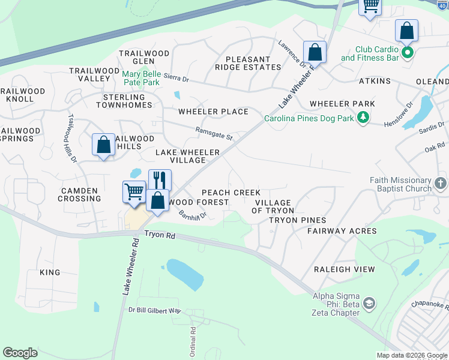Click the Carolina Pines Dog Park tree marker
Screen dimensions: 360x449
point(363,118)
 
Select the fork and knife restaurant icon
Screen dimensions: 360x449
point(160,179)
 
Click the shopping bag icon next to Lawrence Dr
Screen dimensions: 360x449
point(315,52)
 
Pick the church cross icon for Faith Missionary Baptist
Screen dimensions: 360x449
point(440,184)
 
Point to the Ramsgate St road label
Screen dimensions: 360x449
point(214,133)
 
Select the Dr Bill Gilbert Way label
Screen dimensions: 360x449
point(154,310)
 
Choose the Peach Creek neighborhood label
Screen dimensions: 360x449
point(231,193)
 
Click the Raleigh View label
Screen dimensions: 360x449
point(345,269)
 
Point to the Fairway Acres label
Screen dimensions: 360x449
point(342,231)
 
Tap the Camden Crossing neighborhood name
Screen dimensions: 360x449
point(79,194)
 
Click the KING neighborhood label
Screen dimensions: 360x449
point(50,272)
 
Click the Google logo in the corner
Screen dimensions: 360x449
point(20,352)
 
